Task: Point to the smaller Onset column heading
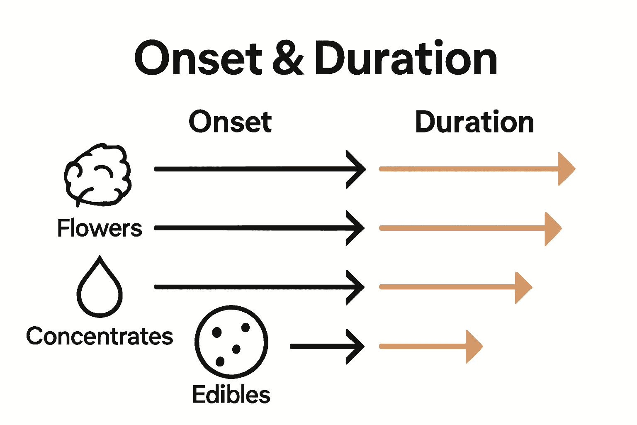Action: tap(230, 122)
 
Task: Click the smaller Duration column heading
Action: tap(474, 122)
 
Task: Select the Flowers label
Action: tap(100, 228)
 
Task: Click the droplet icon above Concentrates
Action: tap(100, 287)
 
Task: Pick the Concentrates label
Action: tap(100, 336)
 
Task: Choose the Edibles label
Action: tap(231, 394)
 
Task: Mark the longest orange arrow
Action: tap(477, 169)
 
